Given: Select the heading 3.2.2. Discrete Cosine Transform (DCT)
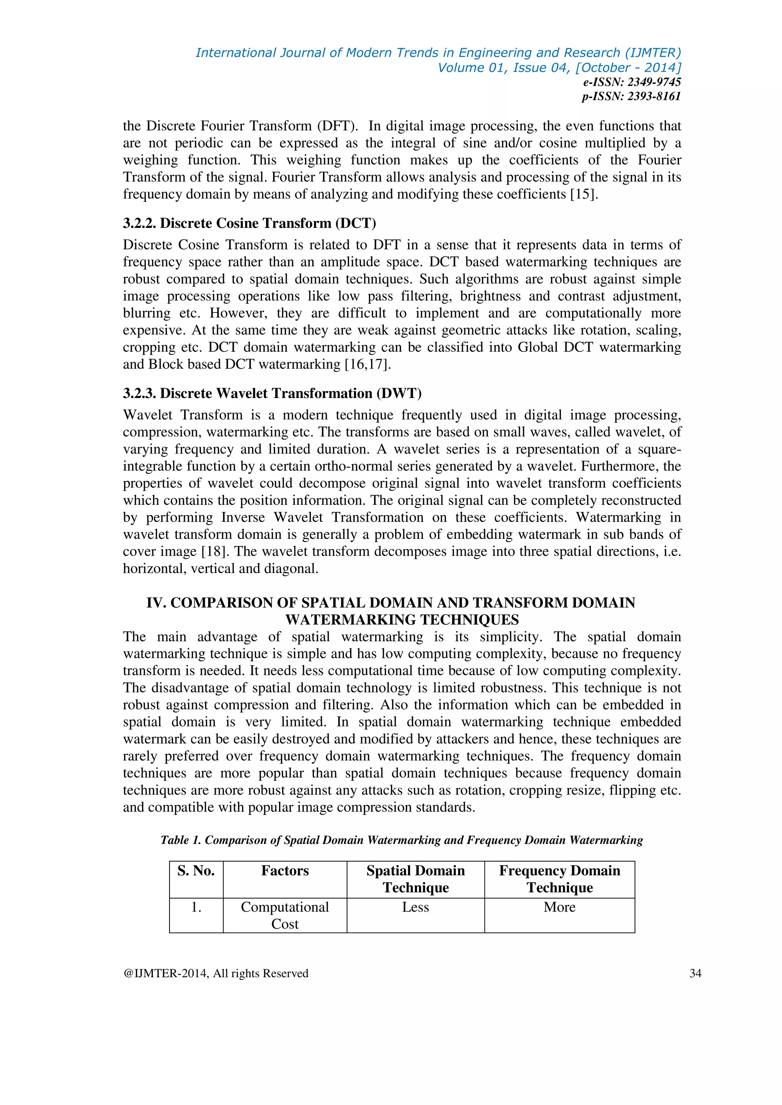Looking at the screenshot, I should pos(249,223).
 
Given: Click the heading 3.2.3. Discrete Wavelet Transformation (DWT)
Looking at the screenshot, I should pos(272,393).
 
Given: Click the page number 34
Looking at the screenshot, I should pos(695,973).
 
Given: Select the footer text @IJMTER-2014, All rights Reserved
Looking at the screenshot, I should pos(216,973).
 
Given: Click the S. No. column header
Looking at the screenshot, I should pos(196,871).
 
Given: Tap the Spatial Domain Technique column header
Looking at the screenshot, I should pos(415,879).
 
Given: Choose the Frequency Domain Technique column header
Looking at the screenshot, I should pos(559,879).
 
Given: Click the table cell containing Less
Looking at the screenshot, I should pos(415,907).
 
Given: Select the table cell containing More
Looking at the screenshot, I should pos(559,907).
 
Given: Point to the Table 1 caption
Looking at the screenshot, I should pos(402,840).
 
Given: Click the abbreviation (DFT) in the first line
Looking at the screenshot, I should pos(337,126).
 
